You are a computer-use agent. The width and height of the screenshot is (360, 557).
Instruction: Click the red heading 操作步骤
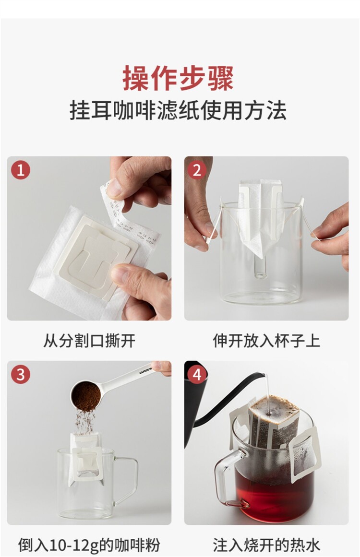(178, 78)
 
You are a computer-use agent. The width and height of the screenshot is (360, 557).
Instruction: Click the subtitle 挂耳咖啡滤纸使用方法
(178, 110)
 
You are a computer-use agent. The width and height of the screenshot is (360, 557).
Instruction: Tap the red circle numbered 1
(21, 170)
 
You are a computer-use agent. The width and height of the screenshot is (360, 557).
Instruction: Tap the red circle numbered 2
(197, 170)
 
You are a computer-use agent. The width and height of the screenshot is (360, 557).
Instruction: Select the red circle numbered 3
(21, 374)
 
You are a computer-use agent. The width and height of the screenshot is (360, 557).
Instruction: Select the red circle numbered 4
(197, 374)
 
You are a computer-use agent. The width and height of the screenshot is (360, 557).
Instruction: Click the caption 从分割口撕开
(89, 341)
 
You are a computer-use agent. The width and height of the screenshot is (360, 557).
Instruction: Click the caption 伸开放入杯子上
(266, 341)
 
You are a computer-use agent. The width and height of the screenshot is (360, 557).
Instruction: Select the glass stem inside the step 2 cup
(261, 265)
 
